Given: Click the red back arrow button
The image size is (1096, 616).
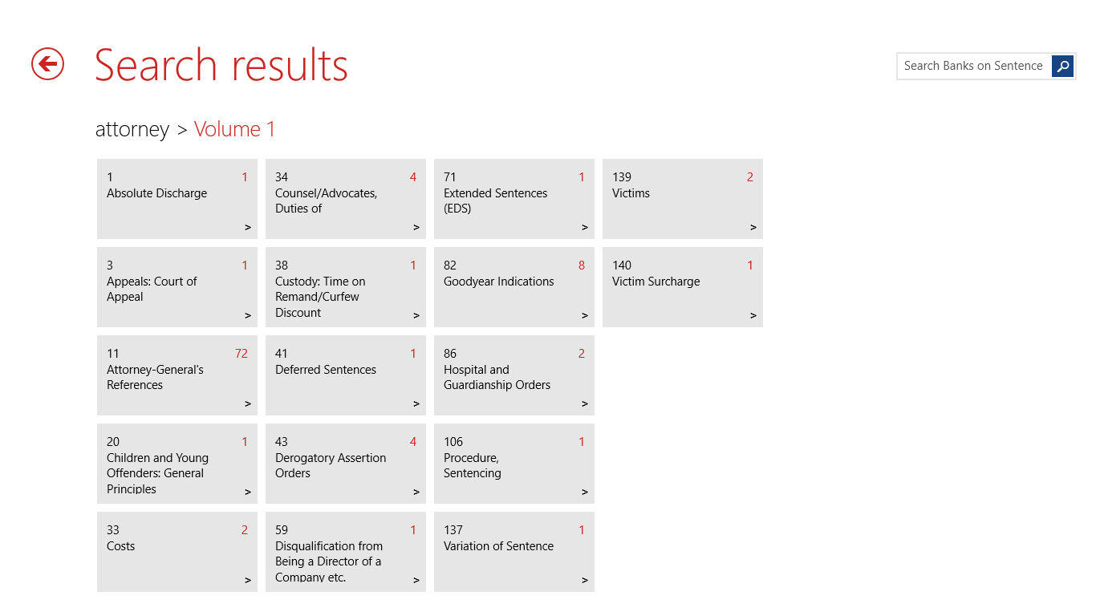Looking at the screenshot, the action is click(47, 63).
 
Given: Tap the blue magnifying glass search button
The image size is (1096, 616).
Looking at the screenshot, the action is click(1062, 66).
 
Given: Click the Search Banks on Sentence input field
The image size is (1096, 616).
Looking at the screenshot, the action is click(973, 66).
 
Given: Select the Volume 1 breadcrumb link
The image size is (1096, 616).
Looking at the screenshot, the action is click(234, 129).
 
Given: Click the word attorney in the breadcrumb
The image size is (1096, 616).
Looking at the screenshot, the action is click(132, 130).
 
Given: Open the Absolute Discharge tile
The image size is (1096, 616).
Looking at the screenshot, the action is click(177, 199).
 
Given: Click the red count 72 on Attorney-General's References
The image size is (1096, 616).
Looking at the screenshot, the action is click(242, 353).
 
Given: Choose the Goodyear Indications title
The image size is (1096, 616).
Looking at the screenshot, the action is click(498, 282).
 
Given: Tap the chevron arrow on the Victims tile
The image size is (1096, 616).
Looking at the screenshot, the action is click(753, 227).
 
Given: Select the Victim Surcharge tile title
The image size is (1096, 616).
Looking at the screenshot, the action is click(656, 282).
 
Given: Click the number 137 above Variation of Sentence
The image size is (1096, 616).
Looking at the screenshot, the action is click(453, 530).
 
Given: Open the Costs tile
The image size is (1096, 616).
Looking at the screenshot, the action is click(177, 551).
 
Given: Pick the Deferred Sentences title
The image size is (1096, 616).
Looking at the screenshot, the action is click(326, 370).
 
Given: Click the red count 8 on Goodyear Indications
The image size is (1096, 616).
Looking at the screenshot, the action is click(581, 265).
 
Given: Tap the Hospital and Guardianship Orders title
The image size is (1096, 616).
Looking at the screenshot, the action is click(497, 377).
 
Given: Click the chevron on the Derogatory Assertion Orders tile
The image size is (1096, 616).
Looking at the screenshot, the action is click(416, 492).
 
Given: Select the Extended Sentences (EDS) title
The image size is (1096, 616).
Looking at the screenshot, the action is click(495, 201).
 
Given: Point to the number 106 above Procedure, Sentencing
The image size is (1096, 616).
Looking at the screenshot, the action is click(453, 442).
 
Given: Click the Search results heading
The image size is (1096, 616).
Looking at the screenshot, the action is click(221, 65).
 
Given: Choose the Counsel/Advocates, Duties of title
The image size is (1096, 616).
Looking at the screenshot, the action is click(326, 201).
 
